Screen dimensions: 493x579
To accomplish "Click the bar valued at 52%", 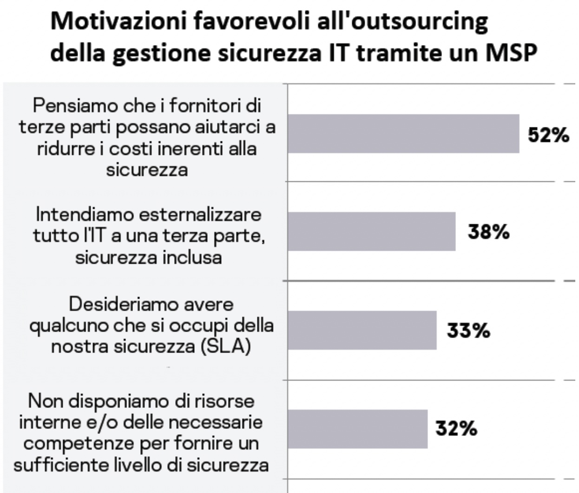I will pos(403,133).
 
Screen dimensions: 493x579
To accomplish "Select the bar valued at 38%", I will pos(371,231).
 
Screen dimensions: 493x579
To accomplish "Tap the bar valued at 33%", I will pos(362,330).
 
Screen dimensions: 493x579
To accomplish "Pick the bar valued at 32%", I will pos(357,429).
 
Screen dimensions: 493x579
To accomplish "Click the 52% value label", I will pos(548,135).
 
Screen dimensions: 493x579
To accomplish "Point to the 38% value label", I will pos(488,232).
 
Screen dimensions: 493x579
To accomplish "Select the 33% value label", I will pos(468,331).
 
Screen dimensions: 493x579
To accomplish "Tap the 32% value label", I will pos(456,429).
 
